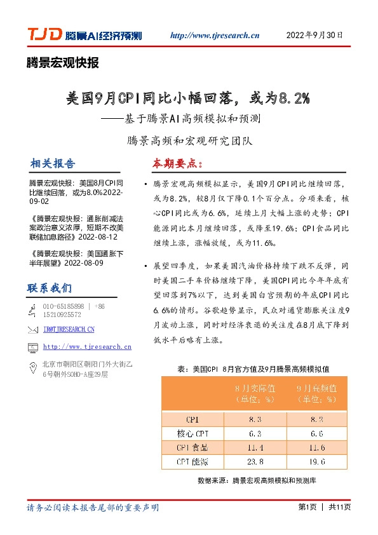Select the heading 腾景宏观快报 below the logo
pos(62,63)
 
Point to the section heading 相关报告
pos(51,163)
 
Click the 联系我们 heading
pos(50,288)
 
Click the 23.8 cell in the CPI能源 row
pos(255,461)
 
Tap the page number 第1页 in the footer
pos(307,508)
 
